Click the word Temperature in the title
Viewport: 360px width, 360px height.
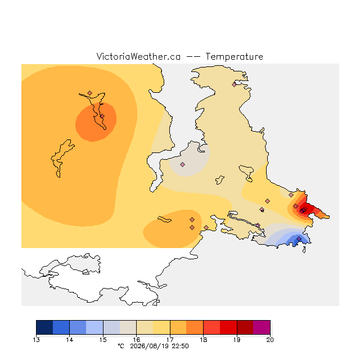click(234, 56)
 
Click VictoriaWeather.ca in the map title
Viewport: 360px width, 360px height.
click(138, 56)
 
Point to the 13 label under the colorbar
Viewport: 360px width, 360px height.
click(36, 340)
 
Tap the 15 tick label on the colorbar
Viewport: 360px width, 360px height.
click(103, 340)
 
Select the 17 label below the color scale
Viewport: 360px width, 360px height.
click(170, 340)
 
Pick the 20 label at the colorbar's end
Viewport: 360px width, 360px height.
click(270, 340)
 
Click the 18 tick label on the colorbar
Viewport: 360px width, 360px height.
click(204, 340)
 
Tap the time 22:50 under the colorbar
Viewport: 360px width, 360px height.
click(181, 346)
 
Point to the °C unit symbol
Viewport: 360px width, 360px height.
click(121, 346)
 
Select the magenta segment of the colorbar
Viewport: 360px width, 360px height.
click(262, 327)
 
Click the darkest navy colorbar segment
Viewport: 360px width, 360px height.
click(44, 327)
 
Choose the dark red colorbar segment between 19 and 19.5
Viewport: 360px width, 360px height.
click(245, 327)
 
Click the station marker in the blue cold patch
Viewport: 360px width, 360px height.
click(299, 239)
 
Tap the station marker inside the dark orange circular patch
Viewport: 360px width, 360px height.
click(102, 116)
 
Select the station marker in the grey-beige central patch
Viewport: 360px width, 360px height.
click(182, 164)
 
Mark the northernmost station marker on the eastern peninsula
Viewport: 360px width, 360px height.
click(234, 85)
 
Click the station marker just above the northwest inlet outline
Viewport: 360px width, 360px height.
click(90, 93)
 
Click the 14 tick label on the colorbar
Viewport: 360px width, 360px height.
click(70, 340)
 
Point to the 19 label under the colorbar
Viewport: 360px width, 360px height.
click(237, 340)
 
